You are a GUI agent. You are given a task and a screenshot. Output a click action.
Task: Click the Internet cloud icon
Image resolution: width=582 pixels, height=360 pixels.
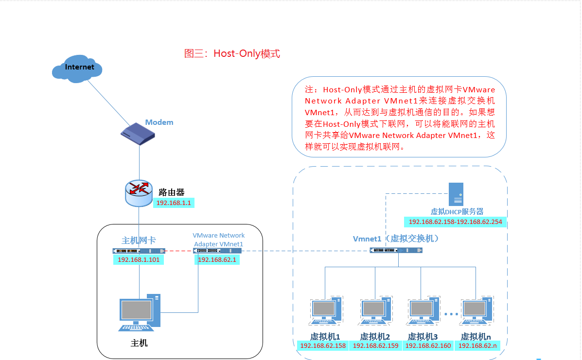click(78, 69)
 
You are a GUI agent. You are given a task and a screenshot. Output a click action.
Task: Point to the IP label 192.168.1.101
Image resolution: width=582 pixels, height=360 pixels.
click(139, 260)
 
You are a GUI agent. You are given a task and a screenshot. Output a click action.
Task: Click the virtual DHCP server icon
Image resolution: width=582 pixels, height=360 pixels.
click(456, 194)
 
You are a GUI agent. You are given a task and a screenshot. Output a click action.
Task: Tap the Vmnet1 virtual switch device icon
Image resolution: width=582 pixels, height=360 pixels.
click(396, 250)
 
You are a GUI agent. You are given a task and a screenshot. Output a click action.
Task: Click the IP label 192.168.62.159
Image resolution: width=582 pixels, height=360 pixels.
click(375, 346)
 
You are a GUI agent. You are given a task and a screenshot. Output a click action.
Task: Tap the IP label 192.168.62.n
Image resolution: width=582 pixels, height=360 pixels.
click(477, 346)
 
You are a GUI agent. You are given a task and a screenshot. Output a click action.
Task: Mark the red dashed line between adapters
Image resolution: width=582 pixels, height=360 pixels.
click(178, 251)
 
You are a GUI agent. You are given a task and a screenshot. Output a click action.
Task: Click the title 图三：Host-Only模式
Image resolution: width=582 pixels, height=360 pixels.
click(232, 53)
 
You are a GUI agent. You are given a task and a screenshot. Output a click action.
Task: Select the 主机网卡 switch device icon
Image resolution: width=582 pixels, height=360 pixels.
click(138, 251)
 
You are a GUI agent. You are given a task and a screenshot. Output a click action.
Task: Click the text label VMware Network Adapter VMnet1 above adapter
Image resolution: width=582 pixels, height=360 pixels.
click(219, 240)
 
